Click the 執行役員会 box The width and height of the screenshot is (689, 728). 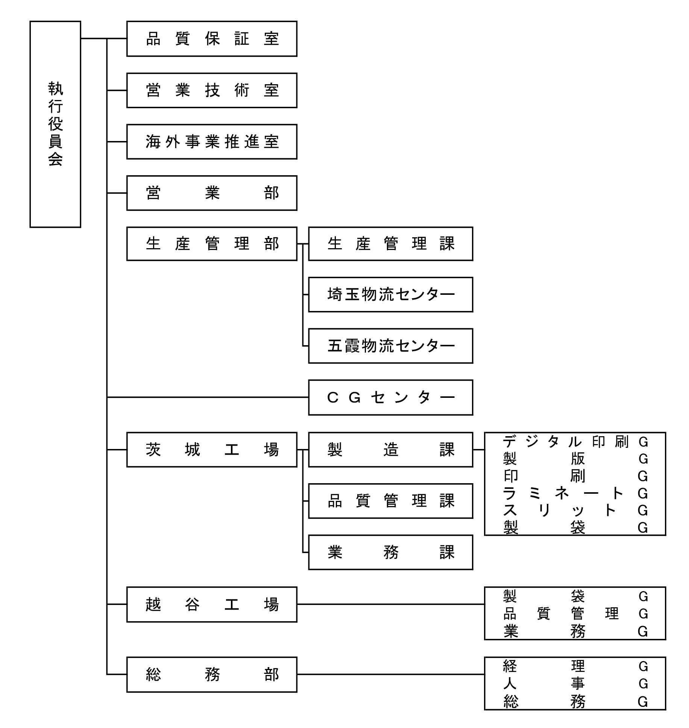55,124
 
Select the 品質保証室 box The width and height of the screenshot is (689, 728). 212,39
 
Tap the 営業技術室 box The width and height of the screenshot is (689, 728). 212,90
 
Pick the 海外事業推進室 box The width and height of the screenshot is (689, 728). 212,142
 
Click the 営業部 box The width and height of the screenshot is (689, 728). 212,193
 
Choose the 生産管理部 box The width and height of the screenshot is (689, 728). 212,244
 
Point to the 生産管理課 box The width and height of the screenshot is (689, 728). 390,244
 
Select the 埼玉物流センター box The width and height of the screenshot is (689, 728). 390,295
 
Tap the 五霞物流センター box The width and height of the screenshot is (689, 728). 390,346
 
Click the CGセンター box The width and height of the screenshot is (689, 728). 390,397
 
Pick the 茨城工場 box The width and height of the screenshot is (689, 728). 212,450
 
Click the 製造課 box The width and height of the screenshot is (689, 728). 390,450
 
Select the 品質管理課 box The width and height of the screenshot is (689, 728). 390,501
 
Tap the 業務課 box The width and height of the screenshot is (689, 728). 390,552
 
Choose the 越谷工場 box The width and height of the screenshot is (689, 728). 212,604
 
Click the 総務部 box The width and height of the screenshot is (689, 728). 212,675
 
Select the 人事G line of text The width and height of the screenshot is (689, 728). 575,684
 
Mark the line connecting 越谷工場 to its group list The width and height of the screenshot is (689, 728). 391,604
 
